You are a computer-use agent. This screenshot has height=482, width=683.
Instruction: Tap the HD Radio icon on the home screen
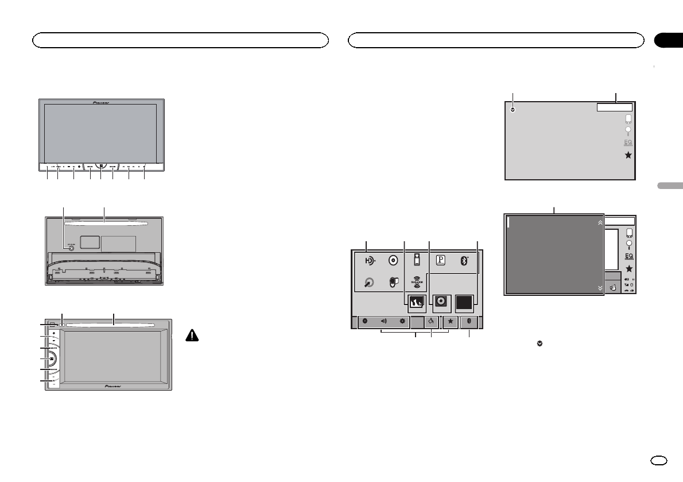(371, 260)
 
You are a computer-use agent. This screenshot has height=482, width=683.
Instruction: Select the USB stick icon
(417, 260)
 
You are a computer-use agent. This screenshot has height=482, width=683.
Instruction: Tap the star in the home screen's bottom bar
(451, 321)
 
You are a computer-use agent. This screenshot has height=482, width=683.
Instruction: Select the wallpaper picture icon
(417, 302)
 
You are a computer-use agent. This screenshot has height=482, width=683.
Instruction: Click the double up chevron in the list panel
(600, 221)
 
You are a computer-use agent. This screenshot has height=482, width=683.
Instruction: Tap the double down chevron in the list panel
(600, 289)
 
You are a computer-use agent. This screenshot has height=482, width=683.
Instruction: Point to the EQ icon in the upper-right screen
(628, 143)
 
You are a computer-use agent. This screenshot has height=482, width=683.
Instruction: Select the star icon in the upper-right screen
(628, 156)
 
